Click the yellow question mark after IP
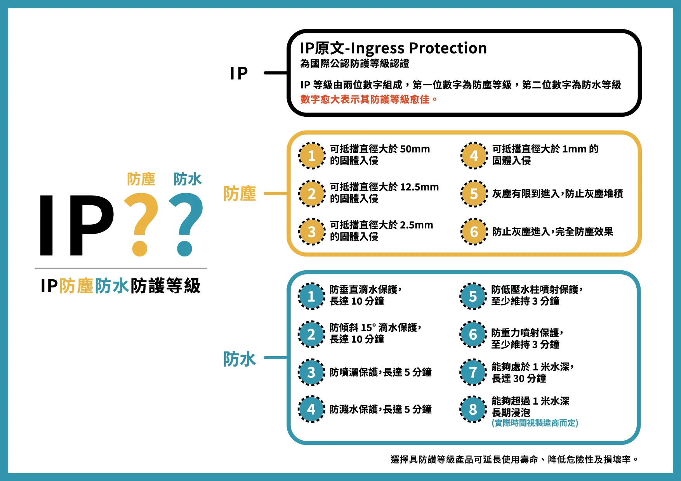[x=141, y=223]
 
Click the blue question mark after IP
[x=187, y=223]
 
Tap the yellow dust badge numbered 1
[x=311, y=156]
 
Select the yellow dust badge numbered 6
[x=474, y=232]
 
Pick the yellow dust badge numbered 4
[x=474, y=156]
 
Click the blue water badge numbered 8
[x=473, y=409]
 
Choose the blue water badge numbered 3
[x=311, y=372]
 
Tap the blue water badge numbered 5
[x=473, y=296]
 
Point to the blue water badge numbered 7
[x=473, y=372]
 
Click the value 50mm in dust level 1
[x=415, y=149]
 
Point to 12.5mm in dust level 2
[x=419, y=187]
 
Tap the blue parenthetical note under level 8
[x=535, y=423]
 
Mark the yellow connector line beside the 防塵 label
[x=275, y=193]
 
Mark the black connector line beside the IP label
[x=275, y=73]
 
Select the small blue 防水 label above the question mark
[x=188, y=179]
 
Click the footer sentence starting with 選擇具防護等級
[x=514, y=460]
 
